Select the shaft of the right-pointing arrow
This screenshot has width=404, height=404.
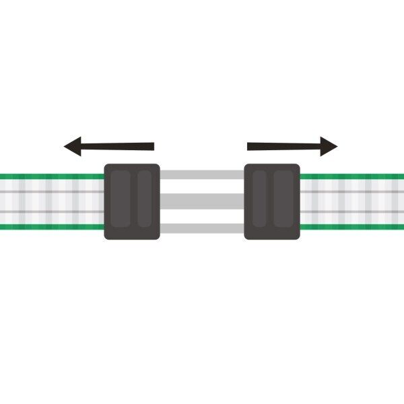(283, 145)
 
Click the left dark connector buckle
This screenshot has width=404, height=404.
(132, 201)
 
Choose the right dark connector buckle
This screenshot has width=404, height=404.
(272, 201)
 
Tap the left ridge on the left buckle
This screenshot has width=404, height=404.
(121, 199)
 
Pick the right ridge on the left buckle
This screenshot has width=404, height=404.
(145, 199)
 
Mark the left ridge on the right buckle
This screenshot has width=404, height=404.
(261, 199)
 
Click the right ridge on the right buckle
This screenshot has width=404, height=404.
(283, 199)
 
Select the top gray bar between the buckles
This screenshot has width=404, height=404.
(202, 175)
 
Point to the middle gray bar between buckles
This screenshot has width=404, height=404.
(202, 200)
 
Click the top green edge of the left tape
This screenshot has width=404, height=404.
(50, 176)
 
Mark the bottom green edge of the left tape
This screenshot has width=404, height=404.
(50, 226)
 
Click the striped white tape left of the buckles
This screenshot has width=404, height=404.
(50, 201)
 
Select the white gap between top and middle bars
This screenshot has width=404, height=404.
(202, 187)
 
